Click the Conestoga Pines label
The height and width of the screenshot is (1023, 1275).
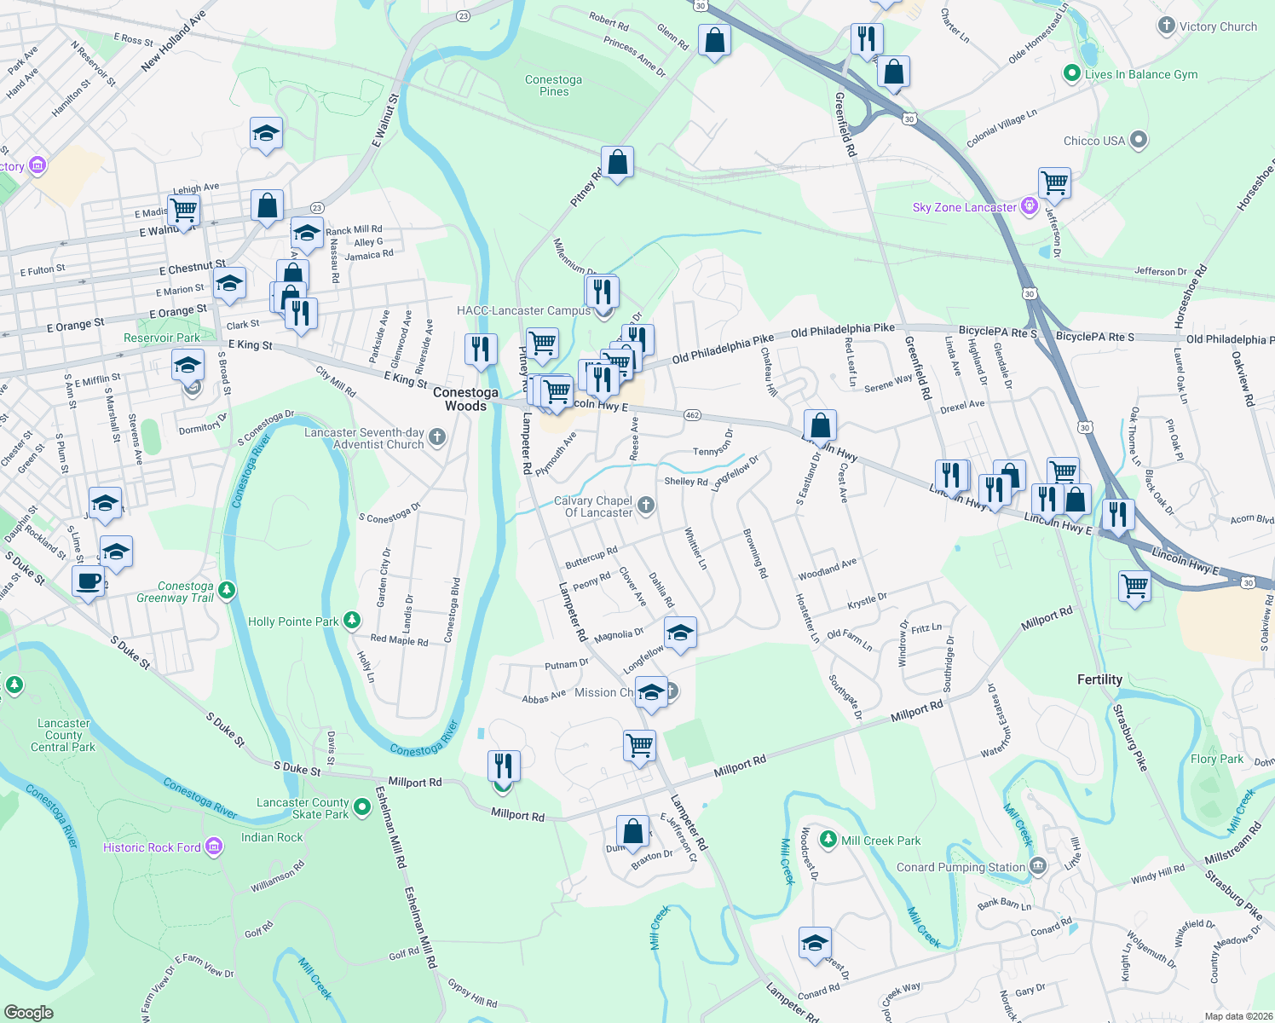tap(553, 85)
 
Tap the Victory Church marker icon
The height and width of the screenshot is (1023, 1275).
tap(1166, 26)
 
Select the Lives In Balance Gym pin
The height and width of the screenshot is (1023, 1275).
tap(1072, 74)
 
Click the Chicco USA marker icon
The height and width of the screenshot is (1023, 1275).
tap(1139, 141)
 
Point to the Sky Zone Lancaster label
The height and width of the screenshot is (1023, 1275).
tap(964, 207)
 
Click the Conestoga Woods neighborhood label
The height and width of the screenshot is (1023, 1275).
tap(465, 399)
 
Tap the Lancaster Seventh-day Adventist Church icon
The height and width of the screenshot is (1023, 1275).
tap(436, 438)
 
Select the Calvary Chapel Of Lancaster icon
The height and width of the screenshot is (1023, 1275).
tap(646, 506)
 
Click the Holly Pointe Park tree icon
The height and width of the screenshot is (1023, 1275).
tap(352, 621)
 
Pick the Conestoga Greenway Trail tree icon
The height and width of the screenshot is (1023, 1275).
tap(226, 590)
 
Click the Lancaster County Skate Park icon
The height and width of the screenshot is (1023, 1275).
tap(361, 808)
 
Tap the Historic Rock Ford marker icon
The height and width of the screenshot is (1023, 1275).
tap(214, 847)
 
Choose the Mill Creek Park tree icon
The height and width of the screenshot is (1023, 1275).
tap(827, 840)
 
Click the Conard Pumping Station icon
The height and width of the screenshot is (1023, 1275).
tap(1037, 867)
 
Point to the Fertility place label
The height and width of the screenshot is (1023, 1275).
tap(1099, 679)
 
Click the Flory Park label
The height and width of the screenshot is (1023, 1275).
tap(1216, 759)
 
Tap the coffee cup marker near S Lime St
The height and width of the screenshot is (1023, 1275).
tap(88, 581)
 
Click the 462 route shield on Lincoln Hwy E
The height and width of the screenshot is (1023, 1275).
tap(692, 415)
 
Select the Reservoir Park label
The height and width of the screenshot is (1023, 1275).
tap(162, 338)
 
